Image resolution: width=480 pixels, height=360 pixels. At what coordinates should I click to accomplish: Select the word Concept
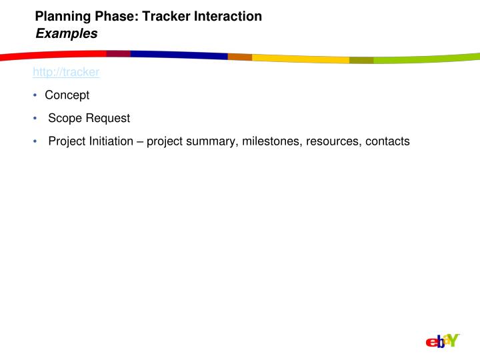coord(67,95)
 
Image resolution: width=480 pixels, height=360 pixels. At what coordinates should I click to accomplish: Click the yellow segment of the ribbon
coord(300,59)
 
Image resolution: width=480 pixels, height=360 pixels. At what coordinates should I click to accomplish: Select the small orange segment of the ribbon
coord(239,57)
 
